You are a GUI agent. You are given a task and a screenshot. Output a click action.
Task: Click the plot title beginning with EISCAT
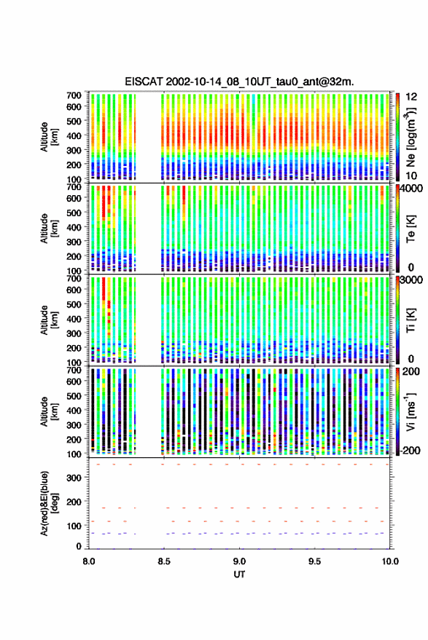click(239, 82)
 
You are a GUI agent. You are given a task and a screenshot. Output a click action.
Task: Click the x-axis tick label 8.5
click(164, 561)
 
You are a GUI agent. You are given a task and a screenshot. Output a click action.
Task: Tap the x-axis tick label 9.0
click(239, 561)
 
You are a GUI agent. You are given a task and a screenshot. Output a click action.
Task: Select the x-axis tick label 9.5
click(314, 561)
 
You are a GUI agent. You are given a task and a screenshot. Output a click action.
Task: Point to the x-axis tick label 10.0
click(390, 561)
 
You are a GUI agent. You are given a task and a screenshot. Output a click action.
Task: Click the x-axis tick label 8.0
click(89, 561)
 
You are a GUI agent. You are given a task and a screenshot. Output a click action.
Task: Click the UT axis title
click(239, 574)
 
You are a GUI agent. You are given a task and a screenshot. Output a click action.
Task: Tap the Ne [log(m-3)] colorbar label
click(411, 137)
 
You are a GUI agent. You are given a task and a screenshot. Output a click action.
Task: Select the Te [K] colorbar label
click(411, 229)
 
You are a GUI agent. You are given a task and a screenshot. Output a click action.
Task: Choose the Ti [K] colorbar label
click(411, 320)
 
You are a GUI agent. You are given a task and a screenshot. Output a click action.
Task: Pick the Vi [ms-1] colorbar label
click(411, 411)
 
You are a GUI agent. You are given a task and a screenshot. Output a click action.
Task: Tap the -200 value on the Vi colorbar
click(410, 451)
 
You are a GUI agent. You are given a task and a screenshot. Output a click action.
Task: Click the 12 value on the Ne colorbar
click(412, 97)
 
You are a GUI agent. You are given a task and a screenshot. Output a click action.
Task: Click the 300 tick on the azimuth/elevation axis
click(74, 478)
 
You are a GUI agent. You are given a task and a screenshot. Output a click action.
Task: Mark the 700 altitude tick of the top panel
click(74, 95)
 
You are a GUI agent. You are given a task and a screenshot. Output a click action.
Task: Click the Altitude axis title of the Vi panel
click(48, 411)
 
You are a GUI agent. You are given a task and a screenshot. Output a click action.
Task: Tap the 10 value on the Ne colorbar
click(412, 175)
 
